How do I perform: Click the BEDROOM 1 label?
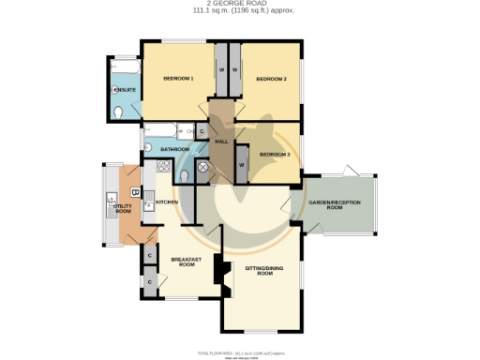click(x=178, y=79)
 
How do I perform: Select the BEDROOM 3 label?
click(x=275, y=154)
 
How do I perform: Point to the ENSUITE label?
click(x=125, y=89)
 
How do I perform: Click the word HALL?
click(x=221, y=141)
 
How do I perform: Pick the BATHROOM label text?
click(x=174, y=150)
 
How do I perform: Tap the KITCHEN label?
click(x=167, y=202)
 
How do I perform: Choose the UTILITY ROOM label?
click(x=123, y=209)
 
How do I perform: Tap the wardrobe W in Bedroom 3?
click(x=241, y=166)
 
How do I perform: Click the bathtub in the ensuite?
click(x=124, y=70)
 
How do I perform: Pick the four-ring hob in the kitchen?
click(x=163, y=168)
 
